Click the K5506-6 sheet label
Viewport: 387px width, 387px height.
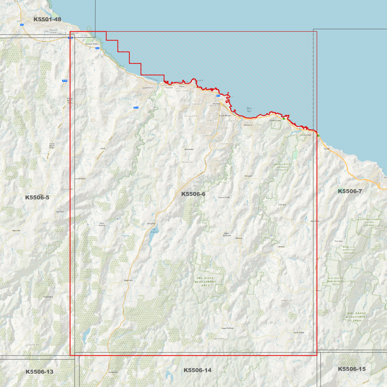click(193, 194)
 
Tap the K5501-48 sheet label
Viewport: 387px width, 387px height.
click(47, 19)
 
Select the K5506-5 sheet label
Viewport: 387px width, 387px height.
click(37, 197)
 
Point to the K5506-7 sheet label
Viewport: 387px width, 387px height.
click(350, 191)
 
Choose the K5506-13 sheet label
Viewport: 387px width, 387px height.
click(39, 372)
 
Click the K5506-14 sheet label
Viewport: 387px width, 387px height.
click(197, 370)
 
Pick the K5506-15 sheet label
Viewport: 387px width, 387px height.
click(352, 369)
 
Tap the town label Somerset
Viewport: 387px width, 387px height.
click(147, 88)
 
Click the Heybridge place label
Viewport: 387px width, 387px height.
click(306, 135)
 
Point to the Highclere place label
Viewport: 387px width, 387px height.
click(128, 280)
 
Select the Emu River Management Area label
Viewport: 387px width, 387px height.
click(205, 282)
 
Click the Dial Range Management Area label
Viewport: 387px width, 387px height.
click(356, 317)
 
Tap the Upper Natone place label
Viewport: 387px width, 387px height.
click(227, 328)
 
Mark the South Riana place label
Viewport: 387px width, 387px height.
click(299, 332)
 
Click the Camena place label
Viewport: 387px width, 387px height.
click(281, 247)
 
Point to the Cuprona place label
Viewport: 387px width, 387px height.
click(282, 205)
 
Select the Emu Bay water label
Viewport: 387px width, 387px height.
click(249, 110)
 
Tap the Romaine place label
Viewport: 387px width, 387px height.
click(219, 161)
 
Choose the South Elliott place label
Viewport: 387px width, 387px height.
click(80, 179)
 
